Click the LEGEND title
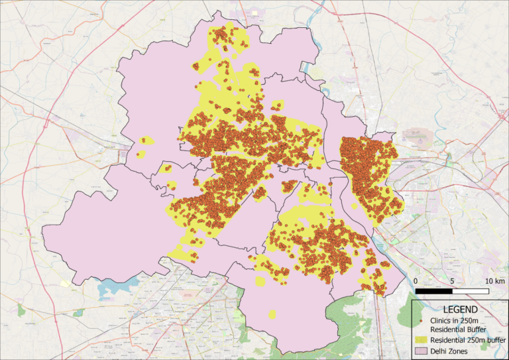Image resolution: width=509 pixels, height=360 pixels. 459,310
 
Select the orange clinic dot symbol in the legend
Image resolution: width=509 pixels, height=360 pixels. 422,321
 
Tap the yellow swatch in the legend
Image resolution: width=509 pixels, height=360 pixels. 422,339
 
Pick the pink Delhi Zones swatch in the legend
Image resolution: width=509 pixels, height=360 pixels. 422,350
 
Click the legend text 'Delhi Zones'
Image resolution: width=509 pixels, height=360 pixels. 449,350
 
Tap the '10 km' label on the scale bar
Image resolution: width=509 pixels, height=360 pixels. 494,281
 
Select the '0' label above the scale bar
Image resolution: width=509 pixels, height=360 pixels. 416,281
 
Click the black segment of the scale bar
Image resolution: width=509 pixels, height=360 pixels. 434,291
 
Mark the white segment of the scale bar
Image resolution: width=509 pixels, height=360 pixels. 471,291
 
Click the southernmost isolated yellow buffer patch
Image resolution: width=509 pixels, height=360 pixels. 272,314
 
